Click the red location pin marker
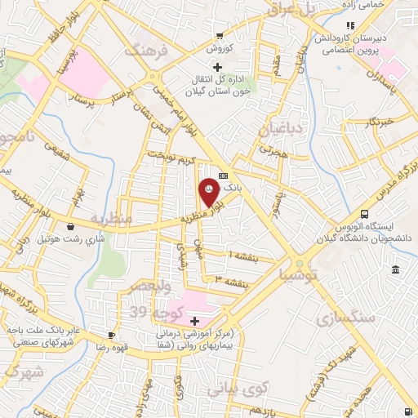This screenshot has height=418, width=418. [x=208, y=191]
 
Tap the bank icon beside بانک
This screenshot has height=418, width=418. [x=224, y=175]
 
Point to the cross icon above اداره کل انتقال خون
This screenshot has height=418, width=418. [x=216, y=67]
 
